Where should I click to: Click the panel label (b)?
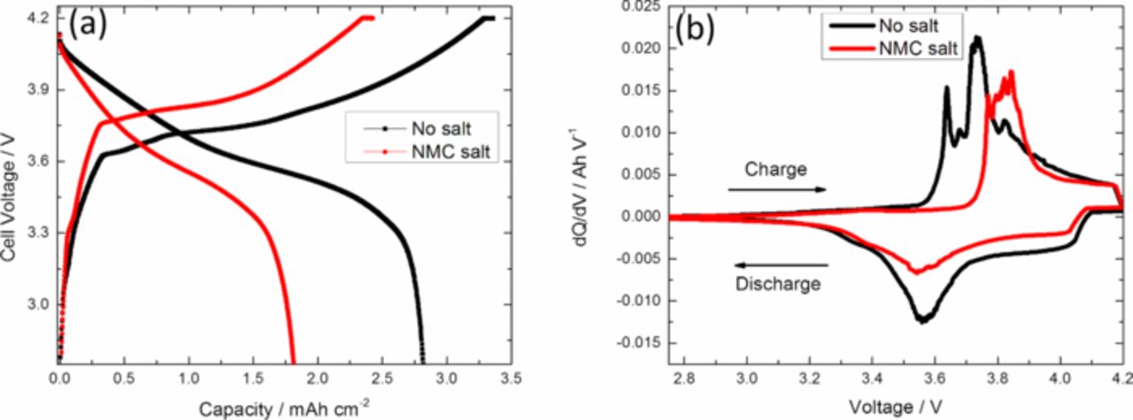click(696, 27)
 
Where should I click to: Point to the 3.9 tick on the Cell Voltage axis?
click(36, 90)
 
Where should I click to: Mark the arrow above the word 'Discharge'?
click(779, 264)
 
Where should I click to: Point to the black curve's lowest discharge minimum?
click(922, 321)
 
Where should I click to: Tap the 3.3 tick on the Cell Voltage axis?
click(36, 233)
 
